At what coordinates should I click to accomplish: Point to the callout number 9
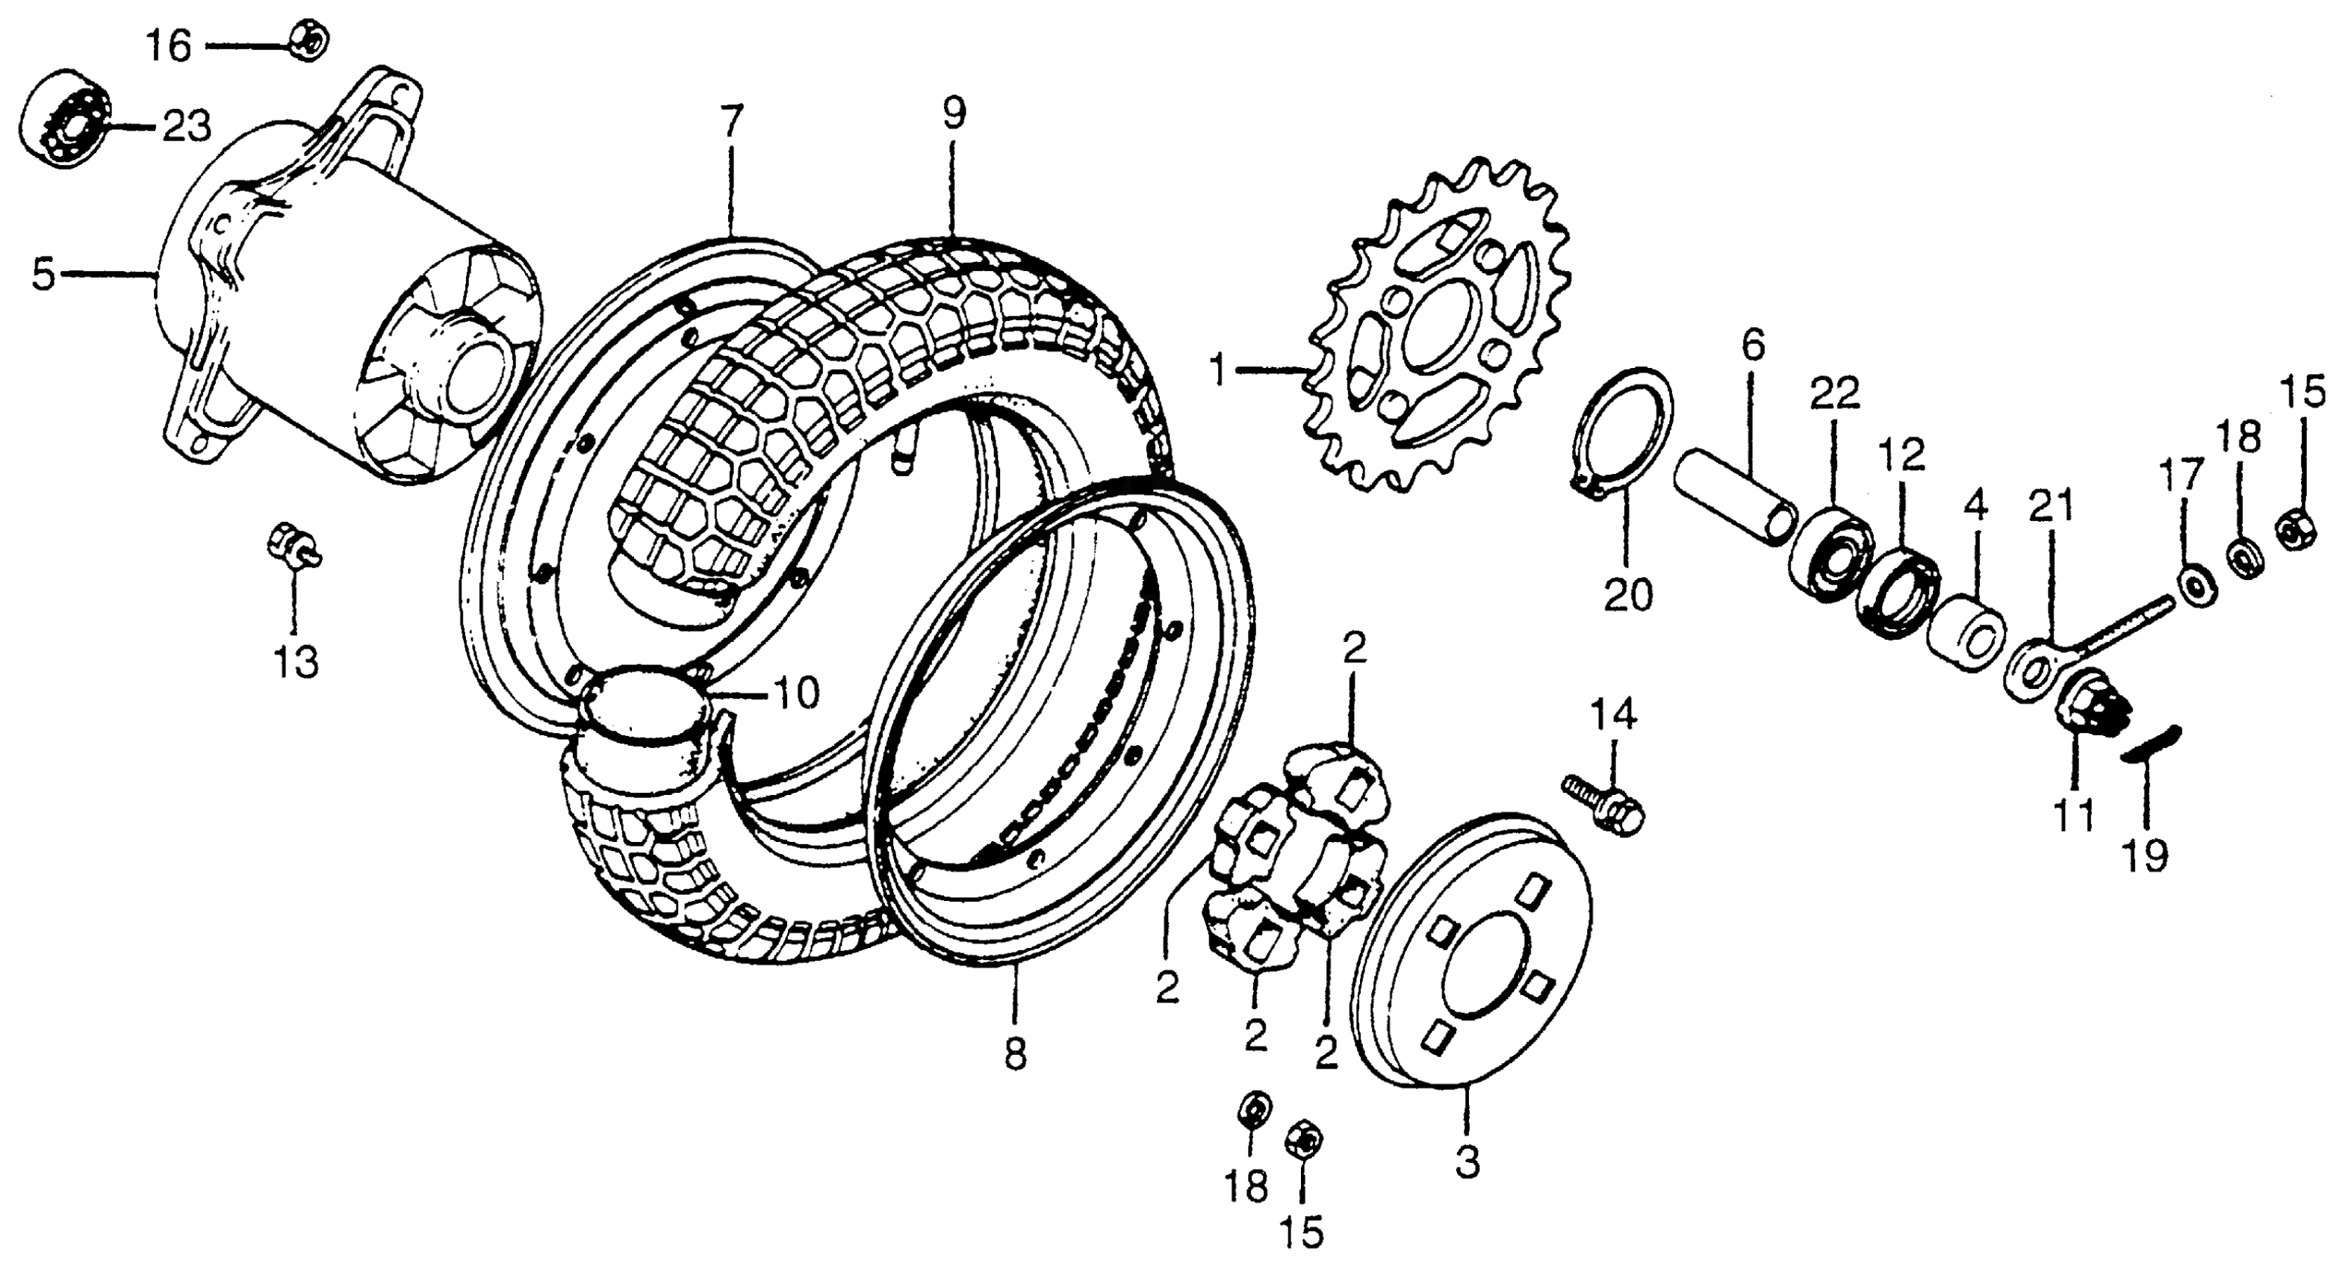click(x=953, y=113)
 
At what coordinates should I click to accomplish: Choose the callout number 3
click(x=1467, y=1163)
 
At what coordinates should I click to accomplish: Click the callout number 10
click(x=796, y=694)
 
